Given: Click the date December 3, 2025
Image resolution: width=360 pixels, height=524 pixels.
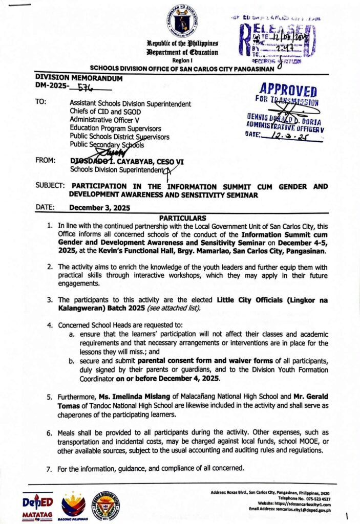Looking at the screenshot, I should pos(100,208).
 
